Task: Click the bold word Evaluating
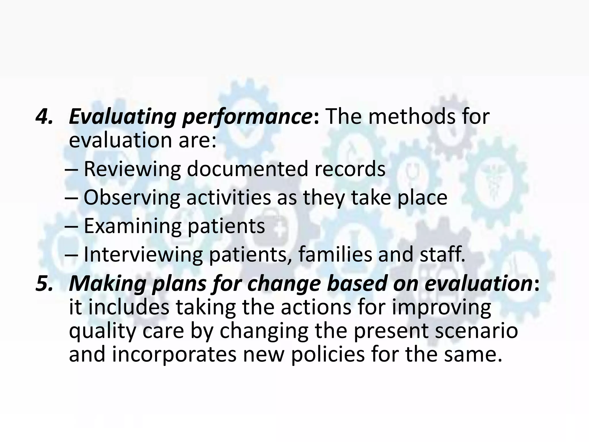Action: coord(122,117)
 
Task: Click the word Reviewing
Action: coord(132,169)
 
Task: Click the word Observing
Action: coord(131,198)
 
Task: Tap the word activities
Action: coord(229,198)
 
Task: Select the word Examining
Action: coord(132,226)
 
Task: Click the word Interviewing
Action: coord(143,255)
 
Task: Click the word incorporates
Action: coord(174,355)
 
